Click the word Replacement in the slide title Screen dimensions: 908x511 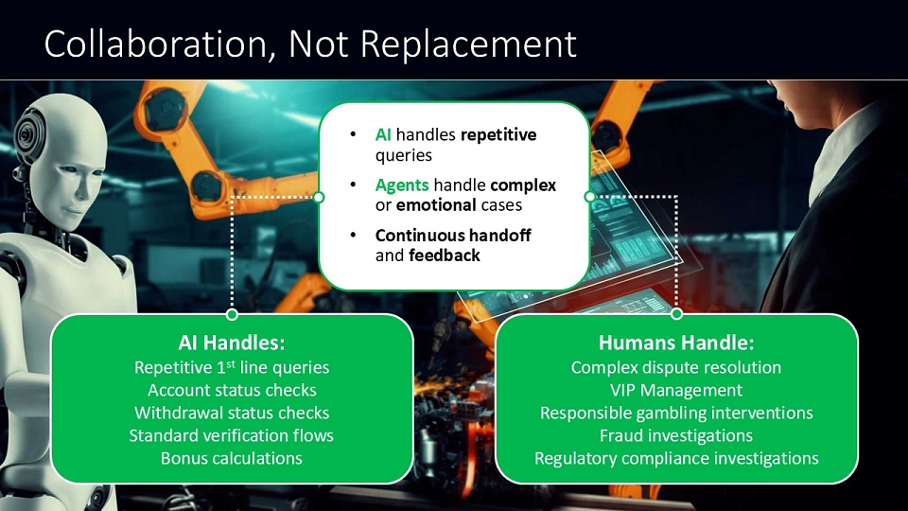pyautogui.click(x=468, y=45)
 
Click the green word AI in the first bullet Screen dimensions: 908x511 pyautogui.click(x=383, y=135)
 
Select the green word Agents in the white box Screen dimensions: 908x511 pyautogui.click(x=402, y=185)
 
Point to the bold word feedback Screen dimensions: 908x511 pyautogui.click(x=445, y=255)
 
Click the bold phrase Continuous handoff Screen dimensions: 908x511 pyautogui.click(x=453, y=236)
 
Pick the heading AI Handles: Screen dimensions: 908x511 pyautogui.click(x=232, y=343)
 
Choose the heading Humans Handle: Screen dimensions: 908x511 pyautogui.click(x=676, y=343)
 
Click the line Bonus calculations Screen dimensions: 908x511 pyautogui.click(x=232, y=458)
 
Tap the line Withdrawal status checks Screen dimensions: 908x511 pyautogui.click(x=232, y=413)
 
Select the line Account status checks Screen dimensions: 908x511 pyautogui.click(x=232, y=390)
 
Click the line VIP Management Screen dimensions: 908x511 pyautogui.click(x=676, y=390)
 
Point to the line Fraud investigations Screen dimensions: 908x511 pyautogui.click(x=676, y=435)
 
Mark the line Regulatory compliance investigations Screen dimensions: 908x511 pyautogui.click(x=676, y=458)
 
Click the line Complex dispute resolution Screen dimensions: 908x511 pyautogui.click(x=676, y=367)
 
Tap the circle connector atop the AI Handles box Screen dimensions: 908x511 pyautogui.click(x=233, y=314)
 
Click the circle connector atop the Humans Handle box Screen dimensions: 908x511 pyautogui.click(x=676, y=314)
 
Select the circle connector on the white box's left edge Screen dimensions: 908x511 pyautogui.click(x=318, y=197)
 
